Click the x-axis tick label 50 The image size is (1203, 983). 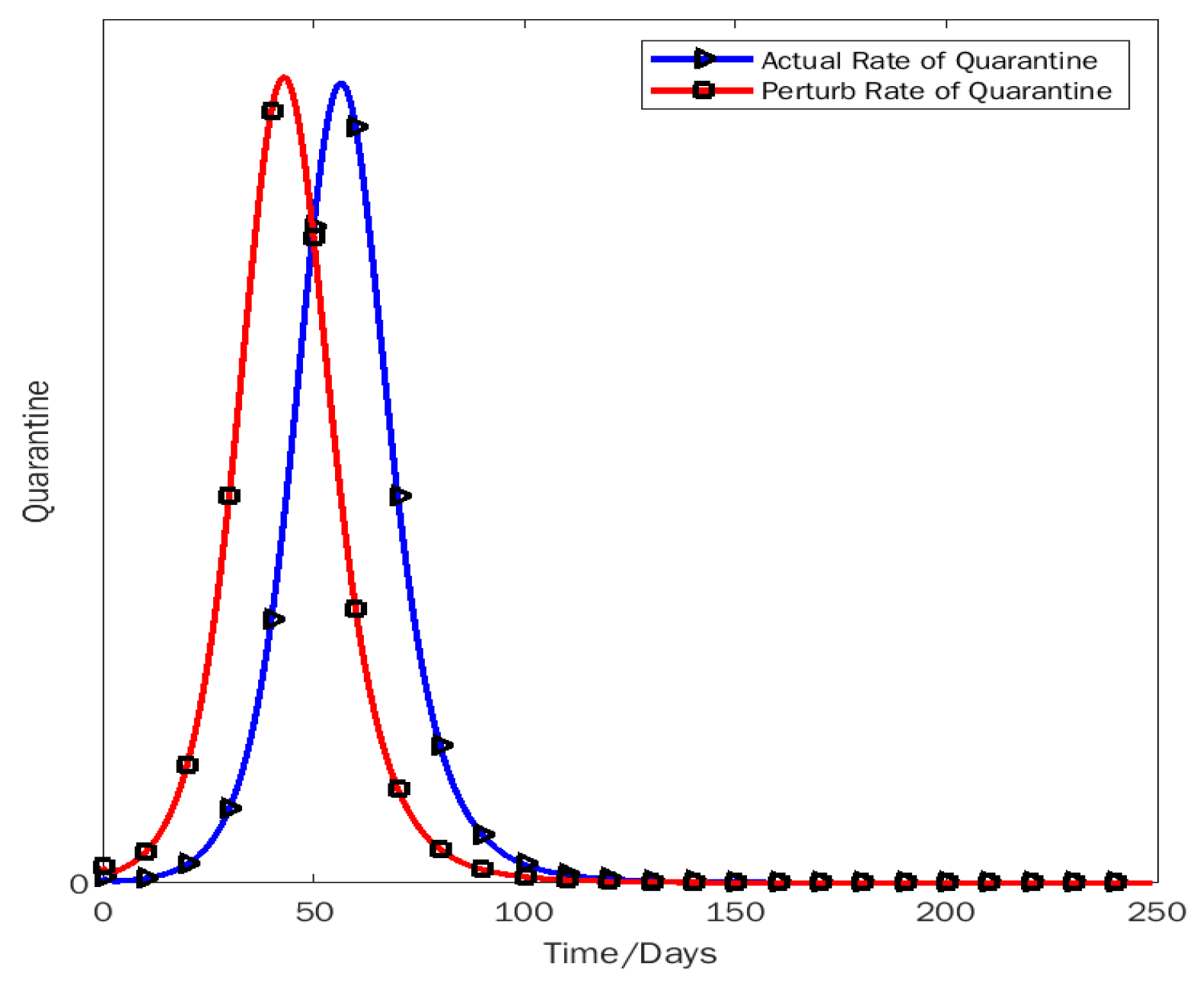[x=314, y=912]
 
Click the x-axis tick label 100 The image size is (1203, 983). [x=524, y=912]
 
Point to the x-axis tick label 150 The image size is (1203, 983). [x=735, y=912]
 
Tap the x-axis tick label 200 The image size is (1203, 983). [x=946, y=912]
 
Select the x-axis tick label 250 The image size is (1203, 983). [x=1157, y=912]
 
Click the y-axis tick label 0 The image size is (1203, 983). [x=79, y=885]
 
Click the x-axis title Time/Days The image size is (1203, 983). [x=630, y=953]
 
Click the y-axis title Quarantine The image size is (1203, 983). [x=37, y=452]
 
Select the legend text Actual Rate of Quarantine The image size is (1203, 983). [x=930, y=60]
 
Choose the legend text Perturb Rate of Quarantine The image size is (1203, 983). [x=937, y=91]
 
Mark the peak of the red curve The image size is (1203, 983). [x=284, y=76]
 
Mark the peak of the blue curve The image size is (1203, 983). [x=341, y=82]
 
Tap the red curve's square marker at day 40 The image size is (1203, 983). [x=272, y=111]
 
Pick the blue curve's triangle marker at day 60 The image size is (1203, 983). [x=356, y=127]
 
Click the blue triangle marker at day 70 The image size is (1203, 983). [x=399, y=496]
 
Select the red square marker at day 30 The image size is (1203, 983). [x=229, y=496]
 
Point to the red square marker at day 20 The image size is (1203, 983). [x=187, y=764]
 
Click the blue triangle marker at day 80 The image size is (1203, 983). [x=441, y=745]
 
